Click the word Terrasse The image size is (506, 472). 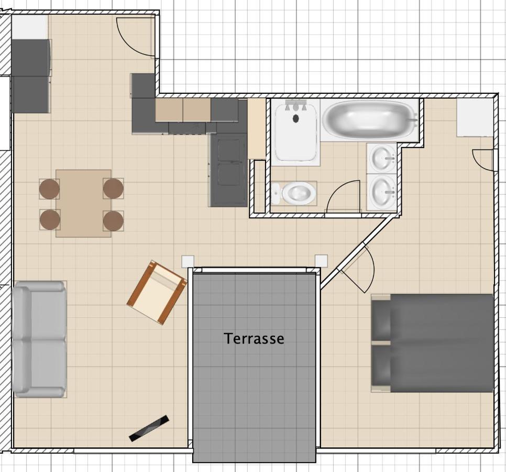point(254,338)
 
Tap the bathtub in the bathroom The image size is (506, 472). point(370,118)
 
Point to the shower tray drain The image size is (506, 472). point(295,119)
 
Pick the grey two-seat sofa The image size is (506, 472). point(39,339)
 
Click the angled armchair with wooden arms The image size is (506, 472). point(157,292)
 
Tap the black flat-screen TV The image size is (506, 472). point(149,428)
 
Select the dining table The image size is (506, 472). point(84,203)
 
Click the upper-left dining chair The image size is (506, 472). point(49,189)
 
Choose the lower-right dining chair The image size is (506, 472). point(113,221)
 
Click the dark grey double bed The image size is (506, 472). point(433,343)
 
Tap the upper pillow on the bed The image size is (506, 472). point(381,319)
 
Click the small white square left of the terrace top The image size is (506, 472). point(188,262)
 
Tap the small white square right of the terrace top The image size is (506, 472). point(321,261)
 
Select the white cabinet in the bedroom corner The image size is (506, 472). point(475,117)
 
